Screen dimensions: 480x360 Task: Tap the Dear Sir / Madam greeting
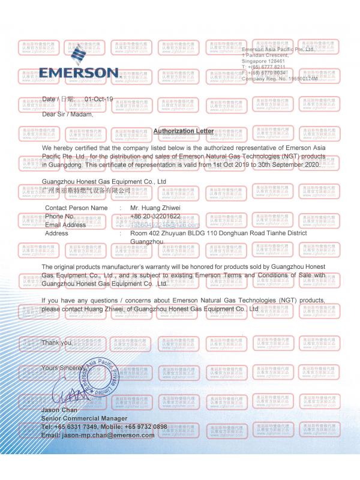(x=68, y=114)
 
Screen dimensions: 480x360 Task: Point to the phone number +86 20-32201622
(x=155, y=216)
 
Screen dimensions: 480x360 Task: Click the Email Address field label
(x=65, y=224)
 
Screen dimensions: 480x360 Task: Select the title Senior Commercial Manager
(x=85, y=418)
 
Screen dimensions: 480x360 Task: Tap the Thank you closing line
(x=57, y=342)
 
